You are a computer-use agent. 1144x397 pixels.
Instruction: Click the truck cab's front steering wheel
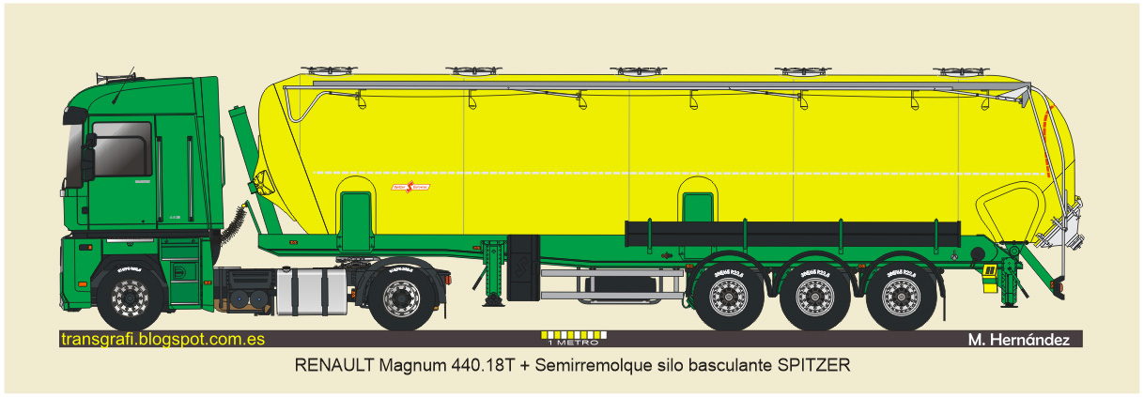pyautogui.click(x=129, y=297)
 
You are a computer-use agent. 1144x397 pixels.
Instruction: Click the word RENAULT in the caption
pyautogui.click(x=334, y=365)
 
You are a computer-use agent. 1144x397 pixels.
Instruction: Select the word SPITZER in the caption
pyautogui.click(x=813, y=365)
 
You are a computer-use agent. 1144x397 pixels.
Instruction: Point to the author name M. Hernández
pyautogui.click(x=1018, y=340)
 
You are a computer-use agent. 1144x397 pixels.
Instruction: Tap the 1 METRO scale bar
pyautogui.click(x=573, y=336)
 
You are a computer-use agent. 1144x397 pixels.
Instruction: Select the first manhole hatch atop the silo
pyautogui.click(x=315, y=70)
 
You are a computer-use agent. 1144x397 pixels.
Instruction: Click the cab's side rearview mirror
pyautogui.click(x=90, y=144)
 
